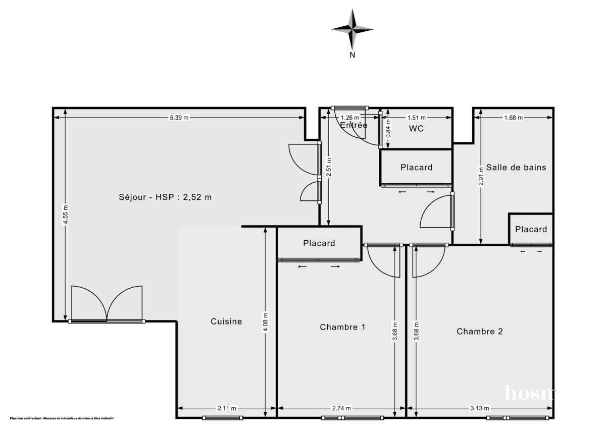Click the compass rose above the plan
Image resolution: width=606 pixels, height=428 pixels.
(352, 29)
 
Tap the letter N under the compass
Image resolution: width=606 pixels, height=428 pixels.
(352, 56)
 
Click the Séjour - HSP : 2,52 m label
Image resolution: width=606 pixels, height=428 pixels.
(165, 197)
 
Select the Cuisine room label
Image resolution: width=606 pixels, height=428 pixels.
(226, 322)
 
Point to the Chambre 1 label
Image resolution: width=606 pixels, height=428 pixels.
(342, 327)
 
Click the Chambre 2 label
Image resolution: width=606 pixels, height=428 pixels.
(480, 332)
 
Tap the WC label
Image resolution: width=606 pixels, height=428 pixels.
(416, 129)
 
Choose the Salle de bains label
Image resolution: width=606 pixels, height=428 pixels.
(516, 168)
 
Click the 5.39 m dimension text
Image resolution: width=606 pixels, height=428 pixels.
(179, 118)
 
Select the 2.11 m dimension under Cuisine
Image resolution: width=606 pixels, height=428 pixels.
(226, 408)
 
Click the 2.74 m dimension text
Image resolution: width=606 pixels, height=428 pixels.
(342, 408)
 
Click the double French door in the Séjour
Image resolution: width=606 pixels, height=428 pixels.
(107, 304)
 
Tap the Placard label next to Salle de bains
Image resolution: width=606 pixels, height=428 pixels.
(531, 229)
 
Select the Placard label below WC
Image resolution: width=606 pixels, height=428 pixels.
(416, 168)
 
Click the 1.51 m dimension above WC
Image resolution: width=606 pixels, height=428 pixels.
(417, 118)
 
